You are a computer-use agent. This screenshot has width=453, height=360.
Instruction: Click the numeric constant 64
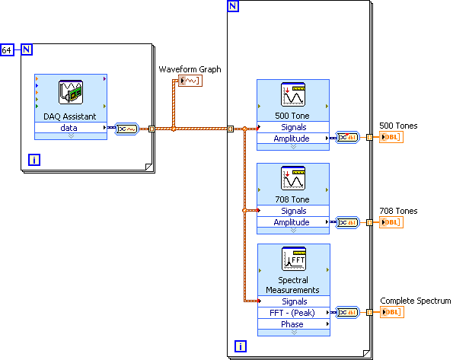7,50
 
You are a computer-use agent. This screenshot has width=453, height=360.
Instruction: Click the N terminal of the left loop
27,49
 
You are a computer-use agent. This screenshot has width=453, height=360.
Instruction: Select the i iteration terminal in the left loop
34,160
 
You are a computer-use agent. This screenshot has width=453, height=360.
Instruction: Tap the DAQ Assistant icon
71,92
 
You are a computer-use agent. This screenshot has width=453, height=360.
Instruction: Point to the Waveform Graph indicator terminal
190,81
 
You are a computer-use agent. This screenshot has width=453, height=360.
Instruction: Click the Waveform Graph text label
190,69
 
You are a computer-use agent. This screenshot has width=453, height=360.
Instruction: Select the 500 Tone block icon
293,94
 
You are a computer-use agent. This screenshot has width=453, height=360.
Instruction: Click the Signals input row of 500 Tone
293,127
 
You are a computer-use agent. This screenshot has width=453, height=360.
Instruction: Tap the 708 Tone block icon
293,178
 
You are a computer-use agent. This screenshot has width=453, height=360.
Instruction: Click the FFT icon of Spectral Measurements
294,259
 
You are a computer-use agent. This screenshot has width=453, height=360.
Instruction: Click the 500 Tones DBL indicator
391,137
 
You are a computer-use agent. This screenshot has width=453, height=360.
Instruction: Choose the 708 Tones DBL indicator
391,222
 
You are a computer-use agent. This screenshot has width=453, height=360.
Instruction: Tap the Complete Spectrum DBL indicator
392,312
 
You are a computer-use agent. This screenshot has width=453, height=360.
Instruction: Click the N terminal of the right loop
233,6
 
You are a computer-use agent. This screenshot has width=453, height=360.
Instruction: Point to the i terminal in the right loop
241,346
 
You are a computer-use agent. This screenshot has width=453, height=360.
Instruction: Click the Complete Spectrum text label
416,301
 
